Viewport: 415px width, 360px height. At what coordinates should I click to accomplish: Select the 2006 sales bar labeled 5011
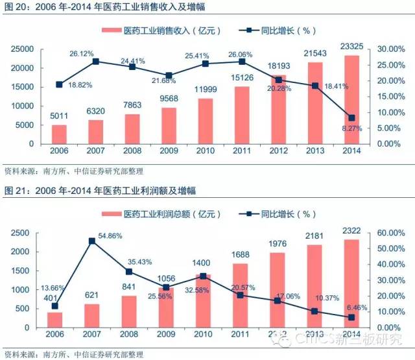[x=59, y=134]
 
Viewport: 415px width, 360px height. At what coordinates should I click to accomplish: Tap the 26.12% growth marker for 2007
[x=95, y=61]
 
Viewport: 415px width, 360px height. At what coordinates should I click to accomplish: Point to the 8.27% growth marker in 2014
[x=351, y=117]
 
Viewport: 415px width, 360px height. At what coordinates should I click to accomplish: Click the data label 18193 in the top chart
[x=278, y=66]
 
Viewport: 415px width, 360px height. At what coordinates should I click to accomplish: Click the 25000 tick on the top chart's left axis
[x=23, y=49]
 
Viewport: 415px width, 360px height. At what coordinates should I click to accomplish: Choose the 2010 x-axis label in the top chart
[x=205, y=150]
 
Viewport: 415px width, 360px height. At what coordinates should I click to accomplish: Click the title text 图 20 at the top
[x=15, y=7]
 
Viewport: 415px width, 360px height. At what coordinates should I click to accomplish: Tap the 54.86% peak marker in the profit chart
[x=91, y=241]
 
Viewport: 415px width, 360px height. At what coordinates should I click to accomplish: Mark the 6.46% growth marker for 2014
[x=351, y=317]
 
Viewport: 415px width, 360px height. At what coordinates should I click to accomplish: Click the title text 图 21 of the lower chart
[x=15, y=190]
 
